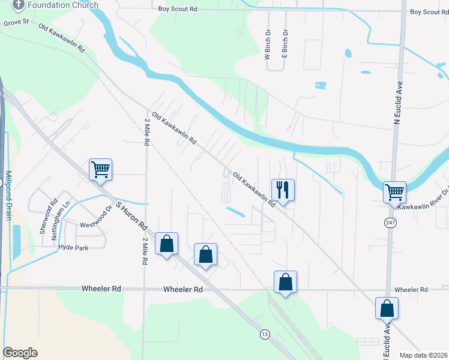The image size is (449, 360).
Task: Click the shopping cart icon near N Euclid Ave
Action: [395, 193]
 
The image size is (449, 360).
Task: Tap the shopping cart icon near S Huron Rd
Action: [101, 169]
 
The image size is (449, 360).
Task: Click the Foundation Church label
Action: [63, 5]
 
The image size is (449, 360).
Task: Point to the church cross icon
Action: [18, 5]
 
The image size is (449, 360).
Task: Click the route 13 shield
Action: [264, 334]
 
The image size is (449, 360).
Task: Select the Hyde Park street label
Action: [73, 247]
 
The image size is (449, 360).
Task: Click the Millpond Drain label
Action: [8, 196]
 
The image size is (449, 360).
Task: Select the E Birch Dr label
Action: [286, 44]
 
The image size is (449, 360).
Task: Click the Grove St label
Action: [16, 22]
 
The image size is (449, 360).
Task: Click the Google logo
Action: [20, 352]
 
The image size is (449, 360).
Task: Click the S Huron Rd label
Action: [131, 217]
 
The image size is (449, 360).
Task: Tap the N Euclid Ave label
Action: [397, 105]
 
